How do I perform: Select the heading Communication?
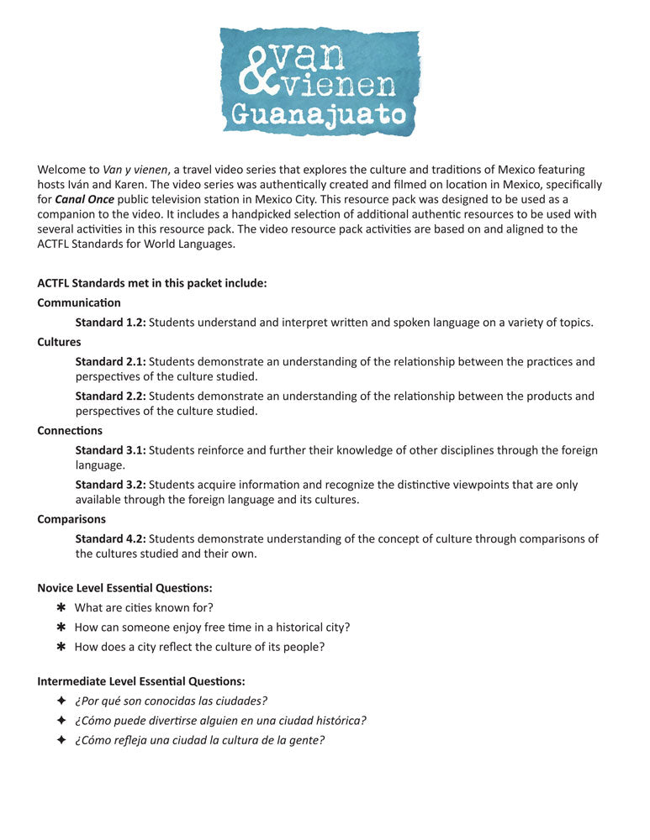79,302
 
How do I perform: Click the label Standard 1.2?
110,322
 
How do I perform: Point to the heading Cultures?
59,342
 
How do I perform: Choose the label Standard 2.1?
110,361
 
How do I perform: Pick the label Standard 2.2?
110,396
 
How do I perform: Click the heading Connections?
70,431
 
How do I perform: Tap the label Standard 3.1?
110,450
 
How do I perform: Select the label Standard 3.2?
110,485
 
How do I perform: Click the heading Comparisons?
71,519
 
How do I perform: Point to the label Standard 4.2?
110,538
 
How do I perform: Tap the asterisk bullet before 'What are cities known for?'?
61,607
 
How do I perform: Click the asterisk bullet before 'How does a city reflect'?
61,647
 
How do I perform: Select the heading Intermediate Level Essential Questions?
141,680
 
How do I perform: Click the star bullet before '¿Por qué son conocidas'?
61,701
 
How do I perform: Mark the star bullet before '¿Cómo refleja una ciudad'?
61,740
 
